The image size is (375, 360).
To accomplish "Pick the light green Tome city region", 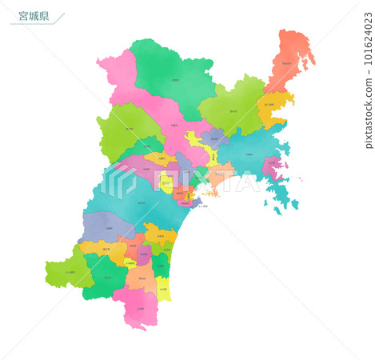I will pyautogui.click(x=232, y=113).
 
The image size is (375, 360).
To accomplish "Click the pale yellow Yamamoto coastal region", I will pyautogui.click(x=162, y=288).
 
